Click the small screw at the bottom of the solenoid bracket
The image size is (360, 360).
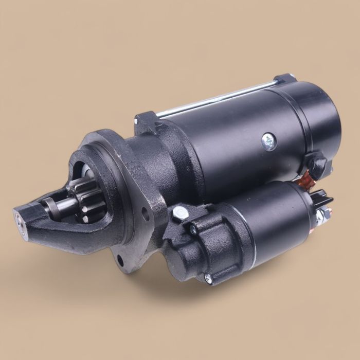pyautogui.click(x=208, y=278)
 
